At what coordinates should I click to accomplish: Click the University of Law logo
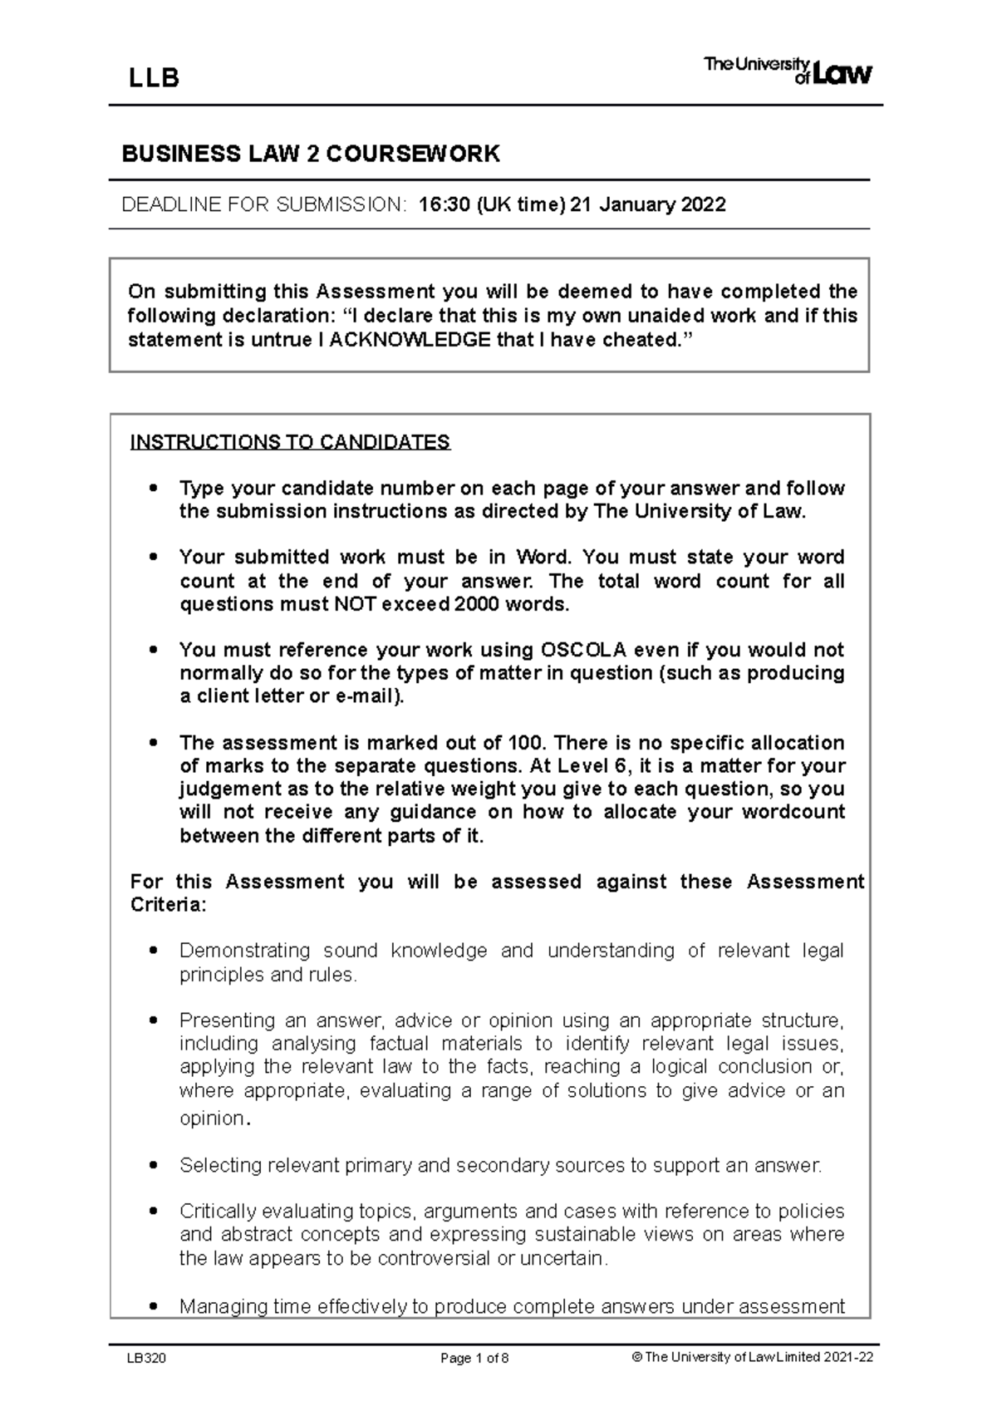(788, 71)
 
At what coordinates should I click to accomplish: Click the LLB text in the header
(154, 78)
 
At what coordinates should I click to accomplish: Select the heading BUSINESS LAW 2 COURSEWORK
(311, 154)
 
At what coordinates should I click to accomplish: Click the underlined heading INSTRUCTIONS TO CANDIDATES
(290, 441)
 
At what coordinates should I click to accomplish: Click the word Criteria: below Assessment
(167, 905)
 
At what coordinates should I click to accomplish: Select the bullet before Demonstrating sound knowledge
(151, 951)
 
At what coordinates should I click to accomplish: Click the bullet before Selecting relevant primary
(151, 1166)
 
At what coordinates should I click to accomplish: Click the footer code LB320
(146, 1359)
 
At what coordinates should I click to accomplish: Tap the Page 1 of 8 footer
(474, 1359)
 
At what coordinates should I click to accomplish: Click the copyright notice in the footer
(752, 1358)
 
